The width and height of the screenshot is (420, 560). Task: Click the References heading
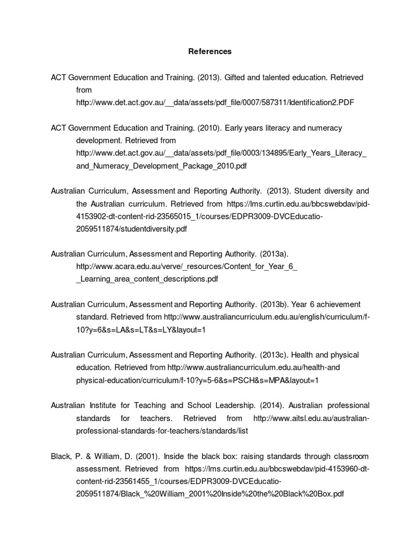(210, 51)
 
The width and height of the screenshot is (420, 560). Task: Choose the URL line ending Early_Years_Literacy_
(221, 153)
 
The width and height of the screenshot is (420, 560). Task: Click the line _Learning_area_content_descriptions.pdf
(147, 279)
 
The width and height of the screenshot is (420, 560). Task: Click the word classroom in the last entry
(350, 456)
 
